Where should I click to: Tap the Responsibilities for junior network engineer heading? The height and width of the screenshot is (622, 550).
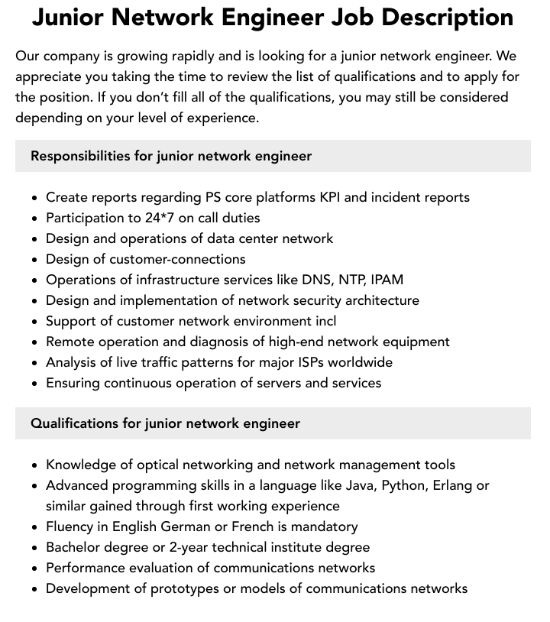pyautogui.click(x=171, y=156)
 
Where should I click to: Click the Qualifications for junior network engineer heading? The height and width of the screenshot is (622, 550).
pyautogui.click(x=165, y=423)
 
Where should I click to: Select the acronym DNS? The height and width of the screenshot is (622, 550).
pyautogui.click(x=317, y=280)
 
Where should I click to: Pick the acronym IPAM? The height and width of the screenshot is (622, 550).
pyautogui.click(x=387, y=280)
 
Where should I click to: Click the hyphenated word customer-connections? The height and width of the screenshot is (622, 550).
pyautogui.click(x=177, y=259)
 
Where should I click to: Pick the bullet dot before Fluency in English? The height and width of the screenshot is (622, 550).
pyautogui.click(x=35, y=527)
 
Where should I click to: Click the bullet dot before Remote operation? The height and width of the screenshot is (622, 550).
pyautogui.click(x=35, y=342)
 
